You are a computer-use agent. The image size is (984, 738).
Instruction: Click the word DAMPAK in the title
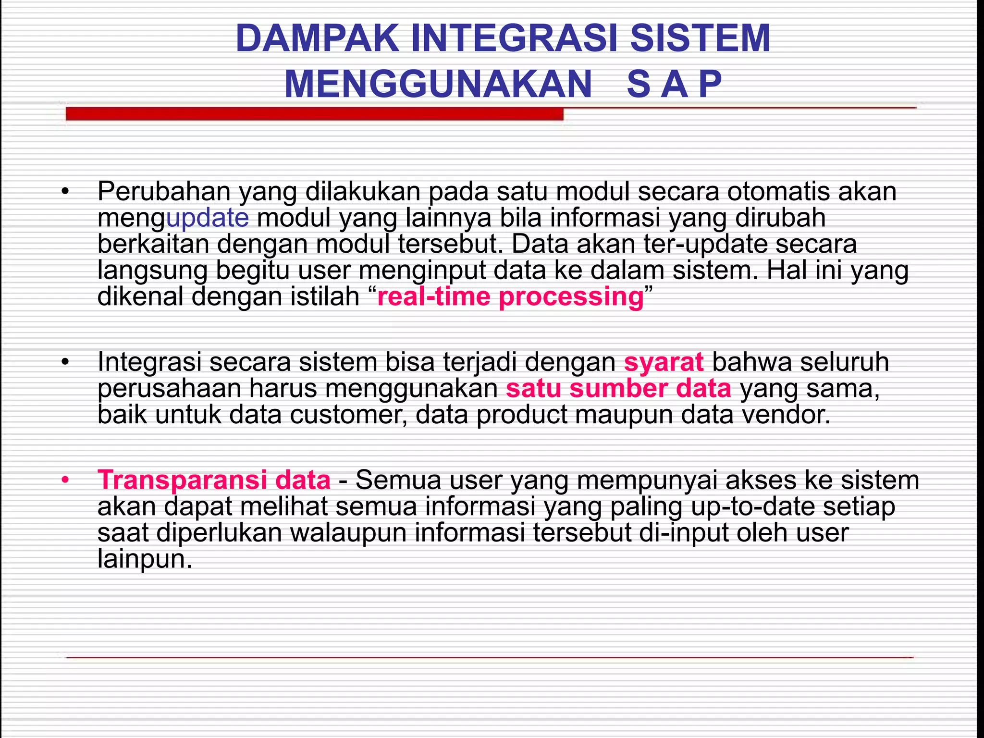point(317,38)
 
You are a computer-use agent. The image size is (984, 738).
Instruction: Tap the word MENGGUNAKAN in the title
point(438,85)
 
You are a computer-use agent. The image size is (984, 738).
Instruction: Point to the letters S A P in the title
point(674,85)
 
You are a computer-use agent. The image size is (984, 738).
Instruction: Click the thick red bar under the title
point(314,114)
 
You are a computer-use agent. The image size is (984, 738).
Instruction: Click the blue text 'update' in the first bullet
point(207,218)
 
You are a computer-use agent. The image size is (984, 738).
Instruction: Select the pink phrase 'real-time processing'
point(510,296)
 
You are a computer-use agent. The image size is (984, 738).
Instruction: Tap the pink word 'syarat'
point(664,362)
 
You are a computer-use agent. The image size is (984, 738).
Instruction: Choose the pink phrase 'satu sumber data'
point(618,388)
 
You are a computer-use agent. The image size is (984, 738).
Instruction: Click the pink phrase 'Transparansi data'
point(214,480)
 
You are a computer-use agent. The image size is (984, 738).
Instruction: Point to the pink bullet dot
point(65,480)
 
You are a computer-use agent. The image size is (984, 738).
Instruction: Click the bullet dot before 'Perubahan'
point(65,192)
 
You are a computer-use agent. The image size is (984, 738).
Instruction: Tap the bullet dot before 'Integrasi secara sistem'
point(65,362)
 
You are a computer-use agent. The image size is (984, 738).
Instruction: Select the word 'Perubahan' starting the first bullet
point(164,192)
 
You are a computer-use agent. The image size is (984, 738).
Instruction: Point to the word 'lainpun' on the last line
point(144,559)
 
